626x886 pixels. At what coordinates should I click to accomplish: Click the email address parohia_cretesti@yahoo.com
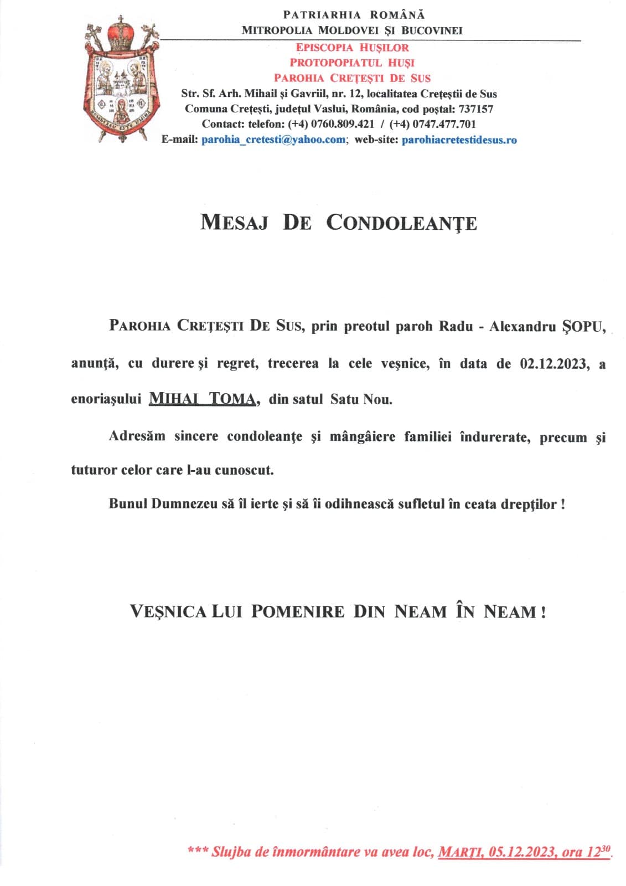click(273, 140)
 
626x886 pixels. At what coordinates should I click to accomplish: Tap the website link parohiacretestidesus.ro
click(459, 140)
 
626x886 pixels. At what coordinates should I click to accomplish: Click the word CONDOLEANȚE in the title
click(401, 223)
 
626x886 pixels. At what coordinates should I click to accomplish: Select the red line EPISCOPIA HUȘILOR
click(352, 48)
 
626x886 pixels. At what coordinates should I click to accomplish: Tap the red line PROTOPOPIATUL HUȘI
click(352, 63)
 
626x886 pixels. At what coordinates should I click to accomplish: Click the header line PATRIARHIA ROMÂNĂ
click(354, 15)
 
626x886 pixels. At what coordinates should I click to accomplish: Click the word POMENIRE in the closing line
click(297, 612)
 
